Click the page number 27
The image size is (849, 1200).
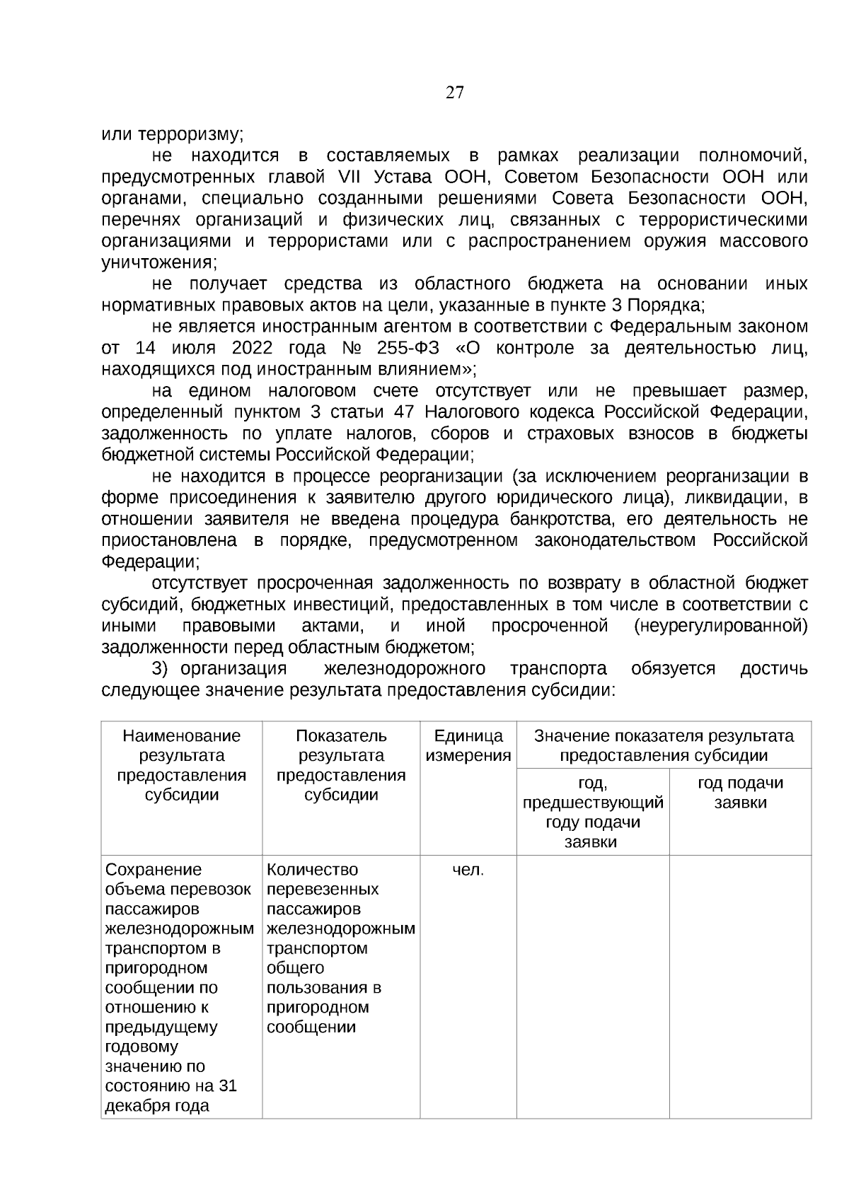(x=455, y=93)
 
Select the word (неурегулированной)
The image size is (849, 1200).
(x=721, y=627)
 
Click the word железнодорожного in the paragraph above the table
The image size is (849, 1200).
(x=405, y=669)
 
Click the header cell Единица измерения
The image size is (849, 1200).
(x=468, y=745)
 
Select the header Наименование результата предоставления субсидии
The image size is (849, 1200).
(x=182, y=765)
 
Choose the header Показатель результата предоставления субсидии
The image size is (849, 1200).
(x=341, y=765)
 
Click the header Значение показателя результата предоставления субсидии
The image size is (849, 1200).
(x=664, y=745)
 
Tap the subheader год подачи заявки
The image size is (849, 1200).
(x=740, y=793)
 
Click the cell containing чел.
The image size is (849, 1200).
(x=468, y=870)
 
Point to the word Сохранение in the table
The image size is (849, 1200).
(x=154, y=870)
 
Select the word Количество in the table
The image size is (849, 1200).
(x=313, y=870)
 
